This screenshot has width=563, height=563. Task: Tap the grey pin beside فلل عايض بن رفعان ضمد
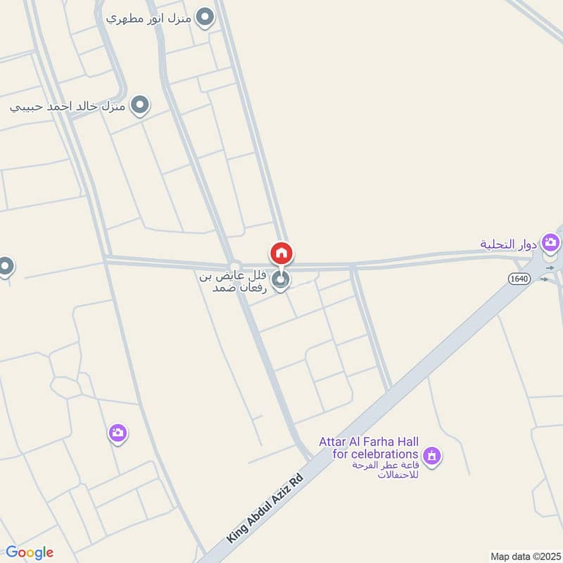281,281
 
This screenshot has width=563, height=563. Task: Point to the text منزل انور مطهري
149,18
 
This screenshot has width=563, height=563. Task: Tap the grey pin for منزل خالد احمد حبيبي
141,106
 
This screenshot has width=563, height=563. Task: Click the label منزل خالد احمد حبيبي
68,108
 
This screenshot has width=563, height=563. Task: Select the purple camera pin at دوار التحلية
551,243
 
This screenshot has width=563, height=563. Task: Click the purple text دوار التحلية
509,244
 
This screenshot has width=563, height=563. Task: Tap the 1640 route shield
519,279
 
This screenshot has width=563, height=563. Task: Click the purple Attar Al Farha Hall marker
433,456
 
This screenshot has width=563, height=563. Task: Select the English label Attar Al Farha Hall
369,448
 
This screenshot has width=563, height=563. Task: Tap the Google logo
29,552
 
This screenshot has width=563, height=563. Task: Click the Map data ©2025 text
524,556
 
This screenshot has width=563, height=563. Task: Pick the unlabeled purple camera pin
118,433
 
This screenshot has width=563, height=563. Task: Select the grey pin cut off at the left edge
5,267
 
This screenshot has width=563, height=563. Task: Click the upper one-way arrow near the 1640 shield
550,268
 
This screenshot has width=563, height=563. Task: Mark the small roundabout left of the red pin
235,264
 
